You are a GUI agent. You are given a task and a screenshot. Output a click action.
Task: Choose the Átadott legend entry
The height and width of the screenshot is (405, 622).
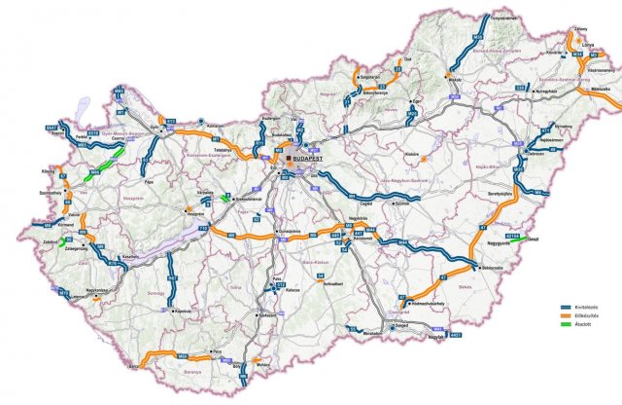click(x=582, y=325)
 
